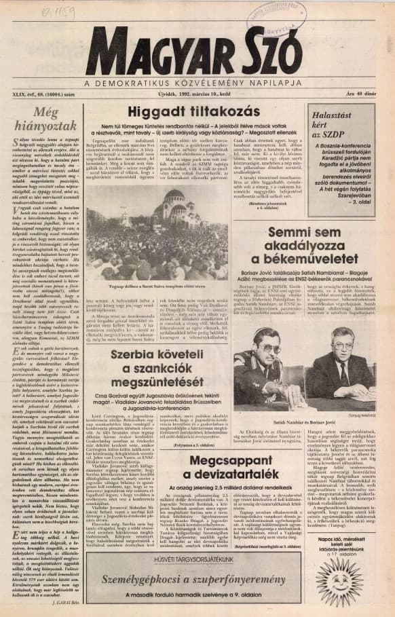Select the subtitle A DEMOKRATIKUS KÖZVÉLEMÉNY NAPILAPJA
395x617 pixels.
click(197, 82)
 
